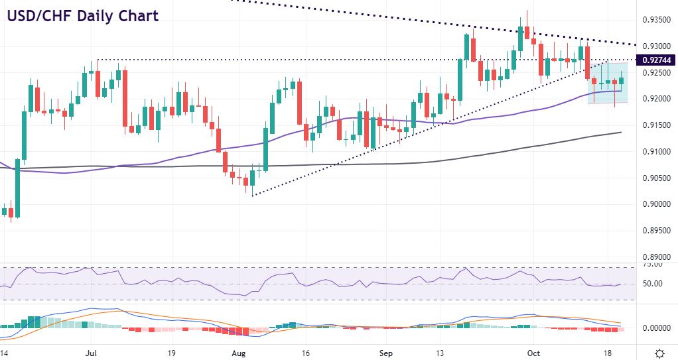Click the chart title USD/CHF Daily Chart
tap(84, 15)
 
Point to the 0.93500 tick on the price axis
tap(655, 20)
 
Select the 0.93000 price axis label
tap(655, 46)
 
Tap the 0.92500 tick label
tap(655, 72)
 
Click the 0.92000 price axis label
tap(655, 99)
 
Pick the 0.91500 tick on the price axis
tap(655, 125)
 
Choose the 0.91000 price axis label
tap(655, 152)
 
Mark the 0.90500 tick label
tap(655, 178)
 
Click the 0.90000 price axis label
tap(655, 204)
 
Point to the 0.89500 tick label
tap(655, 231)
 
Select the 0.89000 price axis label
tap(655, 257)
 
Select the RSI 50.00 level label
tap(653, 284)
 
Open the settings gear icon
tap(660, 353)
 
